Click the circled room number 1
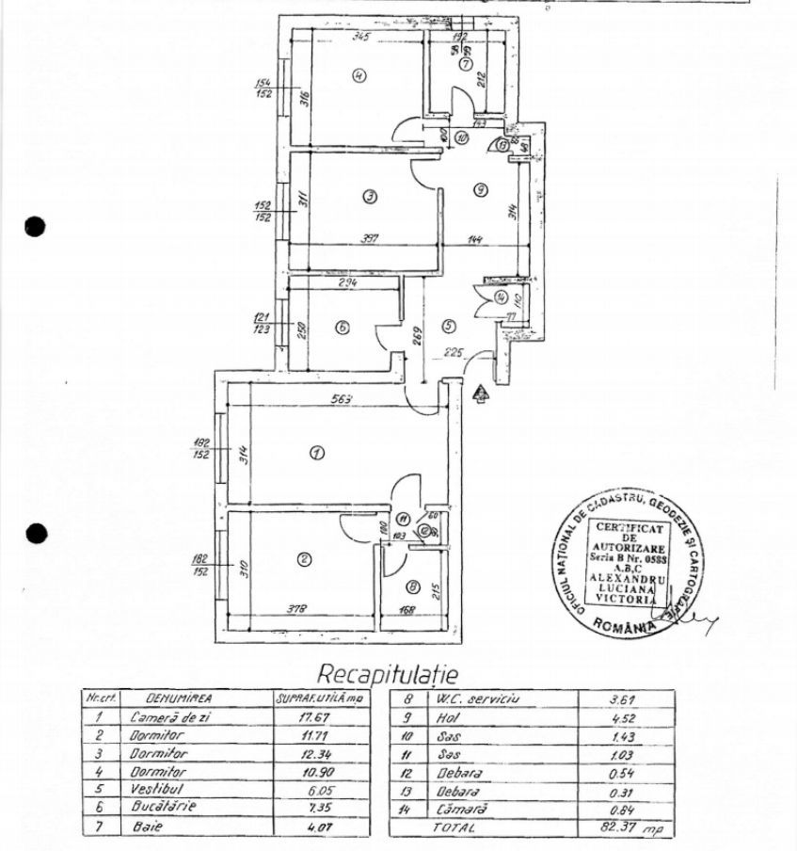[316, 454]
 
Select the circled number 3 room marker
[370, 196]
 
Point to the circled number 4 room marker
[359, 76]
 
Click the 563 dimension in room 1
[342, 399]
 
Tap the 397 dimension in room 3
[369, 239]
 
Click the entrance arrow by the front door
[479, 393]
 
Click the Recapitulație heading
[387, 674]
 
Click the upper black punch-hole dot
[35, 227]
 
